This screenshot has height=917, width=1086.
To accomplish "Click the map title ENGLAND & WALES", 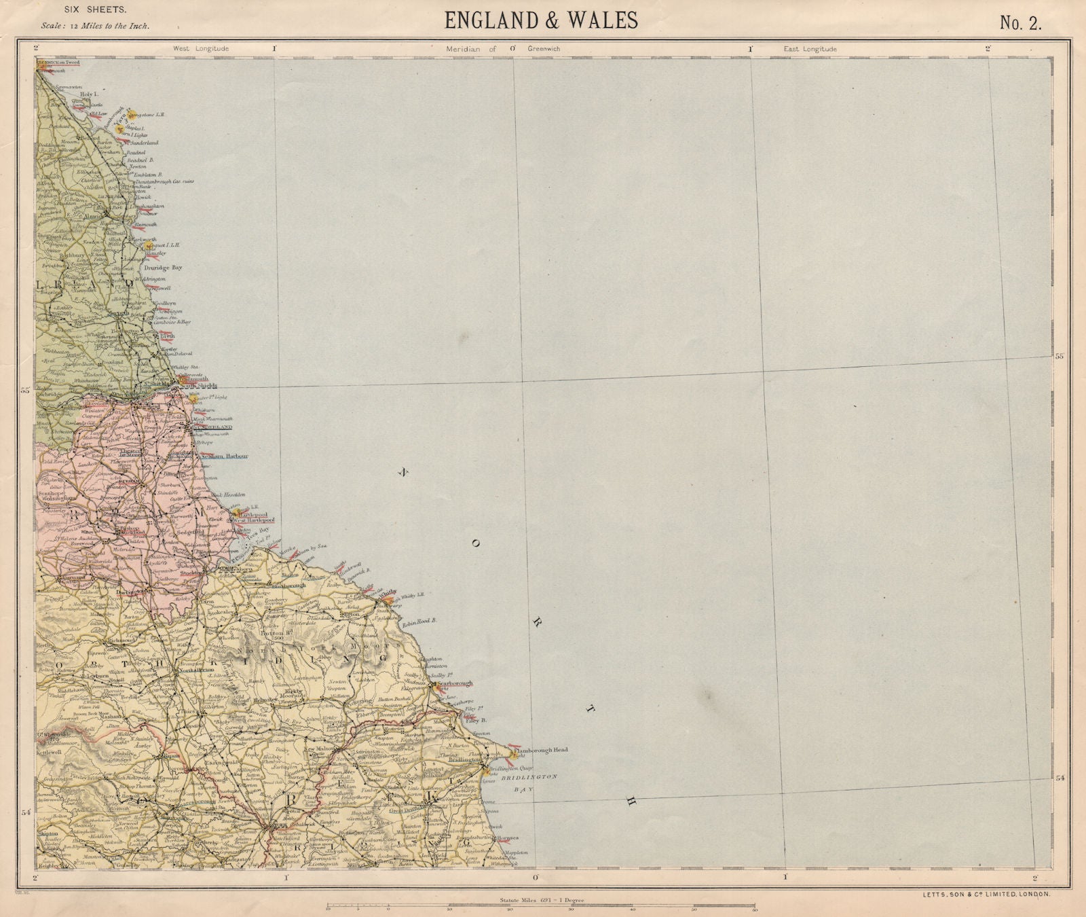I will point(541,20).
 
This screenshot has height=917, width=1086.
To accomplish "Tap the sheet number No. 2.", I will point(1020,22).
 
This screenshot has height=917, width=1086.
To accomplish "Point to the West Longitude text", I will point(201,49).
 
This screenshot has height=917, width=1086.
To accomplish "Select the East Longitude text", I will point(810,49).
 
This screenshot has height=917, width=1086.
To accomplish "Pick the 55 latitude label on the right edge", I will point(1058,355).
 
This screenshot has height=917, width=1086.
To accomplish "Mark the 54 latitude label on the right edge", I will point(1058,778).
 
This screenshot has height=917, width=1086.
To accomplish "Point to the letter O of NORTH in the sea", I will point(476,543).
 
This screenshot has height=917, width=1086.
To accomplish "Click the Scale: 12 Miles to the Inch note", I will point(95,26).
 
